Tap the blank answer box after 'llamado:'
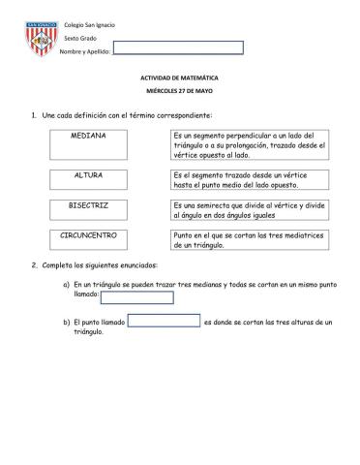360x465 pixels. tap(137, 297)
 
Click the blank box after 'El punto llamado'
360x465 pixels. tap(164, 321)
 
